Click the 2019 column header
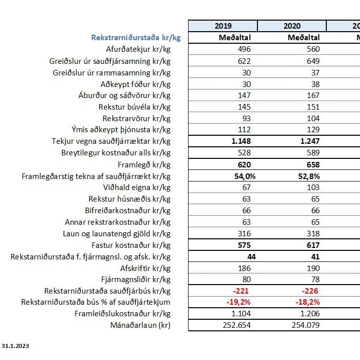223,26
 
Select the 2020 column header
292,26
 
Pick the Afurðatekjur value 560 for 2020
312,49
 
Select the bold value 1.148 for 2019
241,141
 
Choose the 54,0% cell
240,176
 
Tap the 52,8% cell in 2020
308,176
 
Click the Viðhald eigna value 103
312,188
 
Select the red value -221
242,291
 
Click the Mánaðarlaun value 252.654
236,325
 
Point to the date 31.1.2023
15,346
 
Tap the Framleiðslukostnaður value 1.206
310,313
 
